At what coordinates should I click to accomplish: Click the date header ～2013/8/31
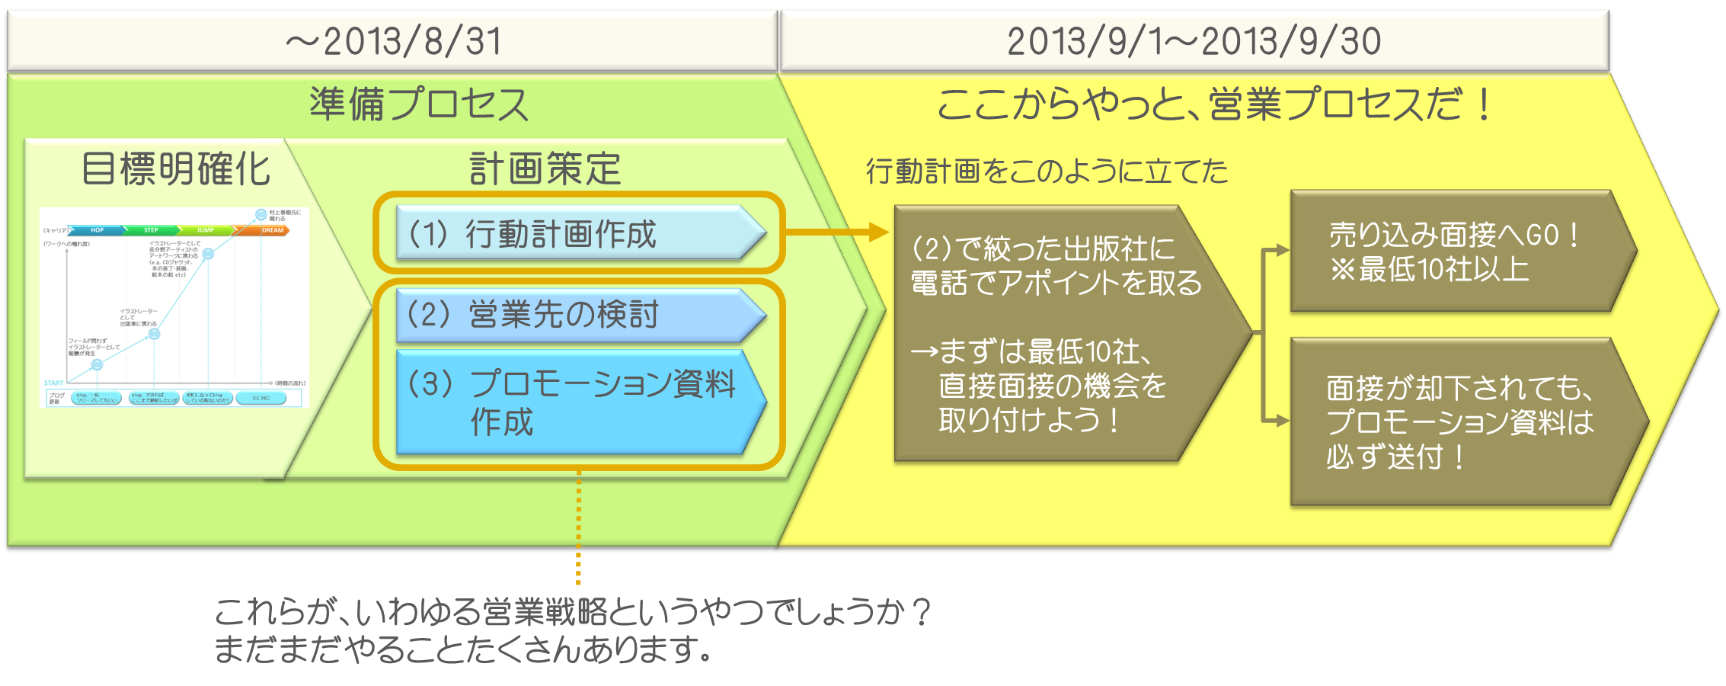(393, 41)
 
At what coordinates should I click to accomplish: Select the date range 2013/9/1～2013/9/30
(1194, 41)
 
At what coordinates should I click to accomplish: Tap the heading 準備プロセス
(418, 104)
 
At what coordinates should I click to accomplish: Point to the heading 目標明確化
(176, 168)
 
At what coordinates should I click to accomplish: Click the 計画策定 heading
(545, 168)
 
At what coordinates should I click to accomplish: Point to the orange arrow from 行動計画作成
(838, 232)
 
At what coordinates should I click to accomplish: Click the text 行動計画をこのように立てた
(1047, 171)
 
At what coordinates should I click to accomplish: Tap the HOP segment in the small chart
(97, 230)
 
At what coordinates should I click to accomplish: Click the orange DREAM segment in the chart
(272, 230)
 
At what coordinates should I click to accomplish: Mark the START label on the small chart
(53, 383)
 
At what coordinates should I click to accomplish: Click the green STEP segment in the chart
(151, 230)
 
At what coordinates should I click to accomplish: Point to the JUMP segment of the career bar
(205, 230)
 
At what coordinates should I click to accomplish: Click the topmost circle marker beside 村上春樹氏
(260, 215)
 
